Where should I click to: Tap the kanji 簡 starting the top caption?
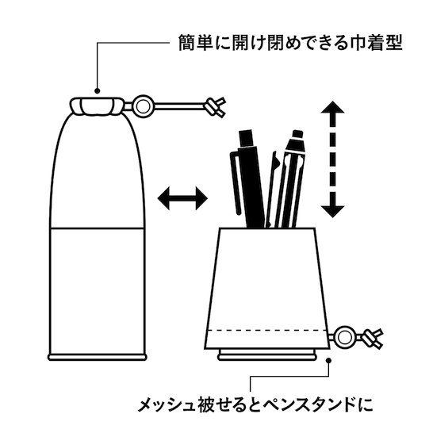point(187,43)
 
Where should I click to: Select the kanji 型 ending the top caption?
point(393,43)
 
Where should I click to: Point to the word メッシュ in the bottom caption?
point(166,405)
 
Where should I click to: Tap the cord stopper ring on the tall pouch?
point(143,106)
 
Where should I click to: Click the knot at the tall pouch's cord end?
point(215,107)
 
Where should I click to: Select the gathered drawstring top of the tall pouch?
point(97,106)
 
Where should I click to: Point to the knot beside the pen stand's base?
point(372,339)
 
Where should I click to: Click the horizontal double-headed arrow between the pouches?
point(182,198)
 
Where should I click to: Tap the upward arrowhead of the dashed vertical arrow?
point(332,108)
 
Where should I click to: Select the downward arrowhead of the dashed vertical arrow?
point(332,211)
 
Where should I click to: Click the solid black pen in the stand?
point(248,179)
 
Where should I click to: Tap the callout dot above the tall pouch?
point(97,91)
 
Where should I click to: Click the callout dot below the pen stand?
point(328,360)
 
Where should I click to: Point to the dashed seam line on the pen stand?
point(266,330)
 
